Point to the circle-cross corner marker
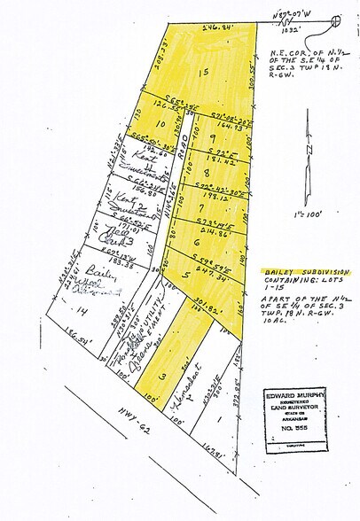tap(335, 19)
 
